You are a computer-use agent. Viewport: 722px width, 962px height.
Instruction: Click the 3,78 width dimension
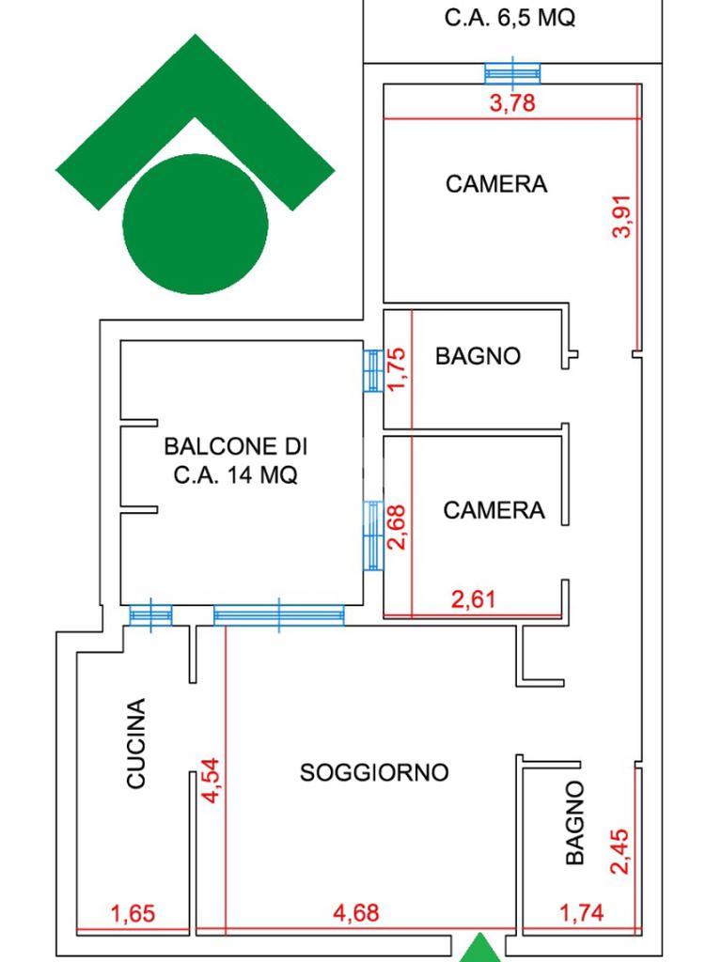coord(512,103)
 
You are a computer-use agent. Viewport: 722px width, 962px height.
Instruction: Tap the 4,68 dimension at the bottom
coord(357,912)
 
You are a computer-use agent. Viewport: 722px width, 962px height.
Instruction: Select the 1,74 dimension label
coord(581,912)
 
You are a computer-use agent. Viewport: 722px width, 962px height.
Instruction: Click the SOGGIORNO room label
coord(374,772)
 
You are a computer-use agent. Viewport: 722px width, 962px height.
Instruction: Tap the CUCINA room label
coord(136,743)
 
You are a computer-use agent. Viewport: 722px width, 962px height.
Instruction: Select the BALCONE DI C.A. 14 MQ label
coord(236,460)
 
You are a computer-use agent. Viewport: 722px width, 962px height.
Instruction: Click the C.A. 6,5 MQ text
coord(509,18)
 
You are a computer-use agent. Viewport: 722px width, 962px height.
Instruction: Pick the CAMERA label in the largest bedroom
coord(495,184)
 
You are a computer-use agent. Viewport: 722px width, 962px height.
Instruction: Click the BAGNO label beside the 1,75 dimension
coord(478,356)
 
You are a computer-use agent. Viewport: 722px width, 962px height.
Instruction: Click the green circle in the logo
coord(196,224)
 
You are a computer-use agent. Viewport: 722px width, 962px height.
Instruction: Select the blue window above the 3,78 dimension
coord(512,72)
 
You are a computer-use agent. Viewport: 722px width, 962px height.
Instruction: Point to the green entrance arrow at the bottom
coord(481,949)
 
